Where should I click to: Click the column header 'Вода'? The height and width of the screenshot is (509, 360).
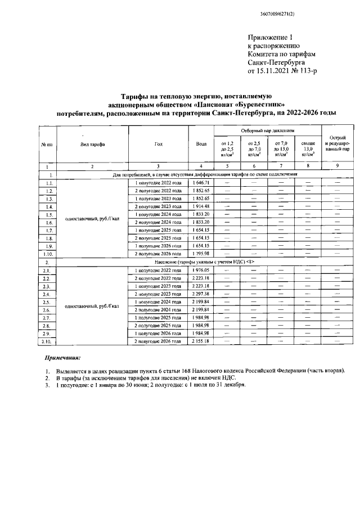click(x=201, y=145)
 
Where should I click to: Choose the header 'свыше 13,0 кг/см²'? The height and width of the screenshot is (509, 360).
click(x=308, y=149)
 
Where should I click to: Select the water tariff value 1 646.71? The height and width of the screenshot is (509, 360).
click(x=201, y=183)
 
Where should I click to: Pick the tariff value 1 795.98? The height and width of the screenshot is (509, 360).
click(x=201, y=254)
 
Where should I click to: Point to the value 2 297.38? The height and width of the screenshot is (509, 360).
click(x=201, y=294)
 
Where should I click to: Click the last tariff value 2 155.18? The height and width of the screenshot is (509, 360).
click(x=201, y=341)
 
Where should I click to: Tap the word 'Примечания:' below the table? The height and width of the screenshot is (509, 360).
click(x=62, y=358)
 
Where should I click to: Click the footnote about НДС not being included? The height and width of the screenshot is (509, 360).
click(x=149, y=379)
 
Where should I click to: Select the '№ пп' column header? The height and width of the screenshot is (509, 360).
click(x=47, y=145)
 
